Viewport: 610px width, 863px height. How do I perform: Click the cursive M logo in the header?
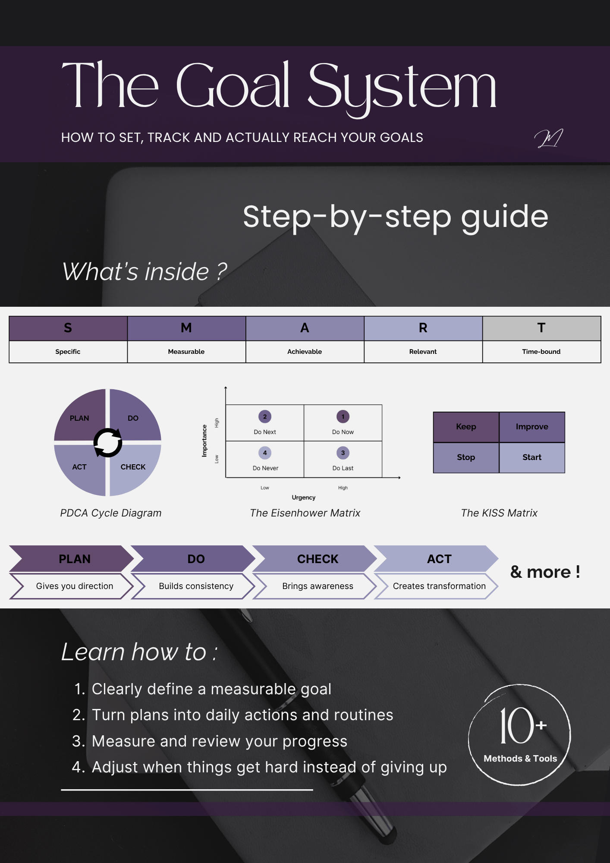548,139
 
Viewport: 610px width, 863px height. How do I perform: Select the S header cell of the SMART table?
68,328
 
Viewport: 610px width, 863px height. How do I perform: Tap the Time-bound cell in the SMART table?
541,352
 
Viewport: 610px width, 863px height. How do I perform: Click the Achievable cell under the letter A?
305,352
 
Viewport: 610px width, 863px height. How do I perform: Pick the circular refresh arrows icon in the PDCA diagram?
108,442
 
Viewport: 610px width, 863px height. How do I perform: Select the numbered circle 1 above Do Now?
343,416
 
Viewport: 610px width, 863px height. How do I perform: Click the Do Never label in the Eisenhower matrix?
265,468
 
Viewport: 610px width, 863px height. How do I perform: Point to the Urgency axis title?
304,498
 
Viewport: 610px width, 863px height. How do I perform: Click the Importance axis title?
204,441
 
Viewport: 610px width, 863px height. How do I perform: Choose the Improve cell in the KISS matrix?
532,427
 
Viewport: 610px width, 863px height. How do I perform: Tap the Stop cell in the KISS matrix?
466,457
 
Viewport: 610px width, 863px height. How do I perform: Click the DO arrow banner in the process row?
194,559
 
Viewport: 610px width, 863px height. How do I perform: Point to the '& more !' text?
545,572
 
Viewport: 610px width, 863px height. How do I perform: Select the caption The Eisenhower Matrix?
305,513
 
